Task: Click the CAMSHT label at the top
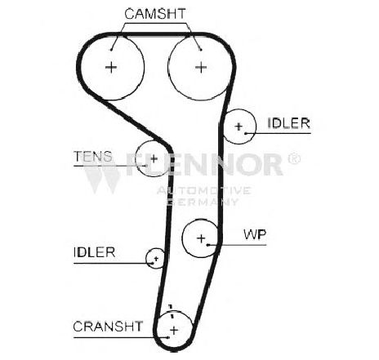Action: point(155,14)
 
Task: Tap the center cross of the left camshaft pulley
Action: point(111,67)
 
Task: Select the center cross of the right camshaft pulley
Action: point(201,67)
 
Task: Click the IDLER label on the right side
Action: point(289,123)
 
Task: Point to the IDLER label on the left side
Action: point(94,252)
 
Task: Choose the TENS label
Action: point(93,157)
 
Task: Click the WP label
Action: point(255,234)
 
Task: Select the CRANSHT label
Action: point(108,327)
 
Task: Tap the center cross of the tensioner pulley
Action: point(154,158)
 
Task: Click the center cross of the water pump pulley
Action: point(201,238)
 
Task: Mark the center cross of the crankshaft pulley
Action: point(174,331)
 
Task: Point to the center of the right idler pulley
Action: point(239,127)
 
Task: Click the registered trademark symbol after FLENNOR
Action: point(294,158)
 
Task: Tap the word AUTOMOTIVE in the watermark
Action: point(203,190)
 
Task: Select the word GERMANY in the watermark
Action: point(202,202)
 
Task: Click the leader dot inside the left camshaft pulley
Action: point(111,50)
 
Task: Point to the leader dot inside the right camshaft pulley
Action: point(201,50)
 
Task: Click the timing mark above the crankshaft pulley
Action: point(171,311)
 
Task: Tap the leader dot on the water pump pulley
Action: point(207,245)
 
